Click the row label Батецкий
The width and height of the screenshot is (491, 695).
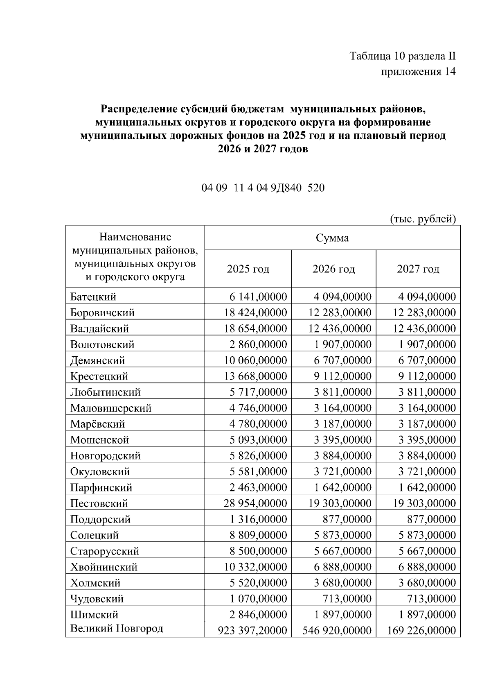93,297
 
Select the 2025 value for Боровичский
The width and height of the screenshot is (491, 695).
255,312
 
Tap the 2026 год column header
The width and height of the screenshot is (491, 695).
333,269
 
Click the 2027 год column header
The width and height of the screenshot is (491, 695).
418,269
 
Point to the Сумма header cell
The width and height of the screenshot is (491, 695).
332,238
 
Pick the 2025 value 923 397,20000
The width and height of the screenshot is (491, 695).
252,630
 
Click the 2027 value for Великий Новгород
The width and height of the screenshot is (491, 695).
421,630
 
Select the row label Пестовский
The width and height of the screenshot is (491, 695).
99,503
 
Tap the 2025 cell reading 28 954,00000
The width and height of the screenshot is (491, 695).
255,503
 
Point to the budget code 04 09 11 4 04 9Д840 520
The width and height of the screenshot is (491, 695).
263,188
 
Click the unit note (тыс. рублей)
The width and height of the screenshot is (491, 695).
422,219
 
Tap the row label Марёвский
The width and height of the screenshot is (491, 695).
97,424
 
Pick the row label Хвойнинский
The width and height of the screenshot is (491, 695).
104,567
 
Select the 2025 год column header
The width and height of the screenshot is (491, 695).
248,269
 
